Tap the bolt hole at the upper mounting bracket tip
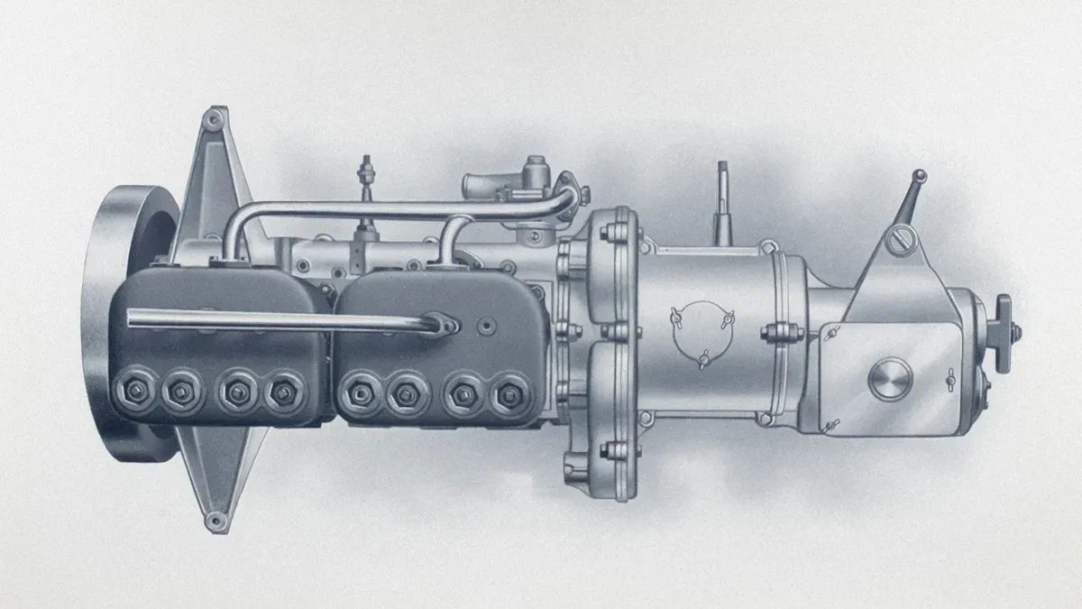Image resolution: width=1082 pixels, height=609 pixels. click(x=212, y=118)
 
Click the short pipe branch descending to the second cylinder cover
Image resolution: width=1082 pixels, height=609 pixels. click(x=451, y=239)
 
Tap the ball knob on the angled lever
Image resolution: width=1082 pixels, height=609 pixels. click(x=919, y=176)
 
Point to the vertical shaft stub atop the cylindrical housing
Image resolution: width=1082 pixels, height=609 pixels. click(x=722, y=203)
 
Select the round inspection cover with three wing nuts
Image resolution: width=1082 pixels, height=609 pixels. click(x=701, y=335)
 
